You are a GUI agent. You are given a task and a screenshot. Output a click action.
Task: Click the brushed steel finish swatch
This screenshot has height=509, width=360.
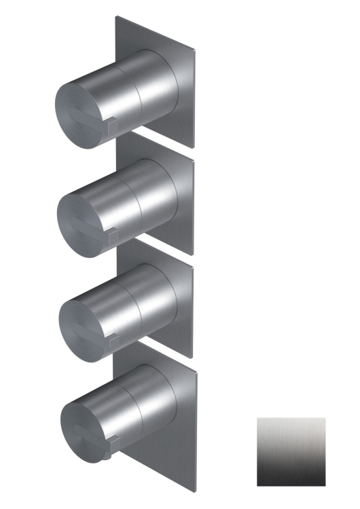[x=291, y=451]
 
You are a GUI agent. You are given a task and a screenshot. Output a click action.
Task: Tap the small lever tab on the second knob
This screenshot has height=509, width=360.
[x=113, y=234]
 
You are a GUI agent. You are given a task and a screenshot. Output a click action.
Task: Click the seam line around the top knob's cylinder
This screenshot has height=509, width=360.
[x=141, y=95]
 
